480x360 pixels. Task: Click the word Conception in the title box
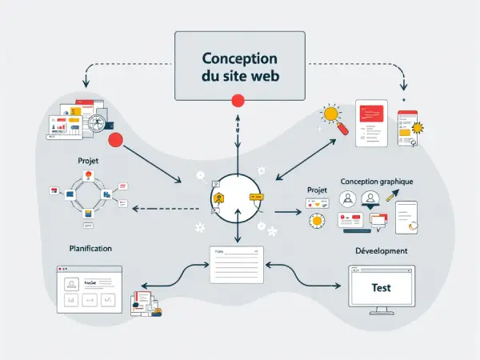click(239, 59)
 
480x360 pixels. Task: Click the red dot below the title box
click(237, 101)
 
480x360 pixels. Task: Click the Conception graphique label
click(376, 182)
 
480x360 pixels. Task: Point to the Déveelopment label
click(381, 250)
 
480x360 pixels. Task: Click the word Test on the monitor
click(382, 287)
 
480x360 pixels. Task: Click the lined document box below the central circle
click(236, 264)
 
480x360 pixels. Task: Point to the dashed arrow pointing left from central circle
click(160, 208)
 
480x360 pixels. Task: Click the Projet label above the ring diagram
click(89, 160)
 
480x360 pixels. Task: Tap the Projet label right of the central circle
click(318, 190)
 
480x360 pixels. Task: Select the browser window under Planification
click(90, 290)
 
